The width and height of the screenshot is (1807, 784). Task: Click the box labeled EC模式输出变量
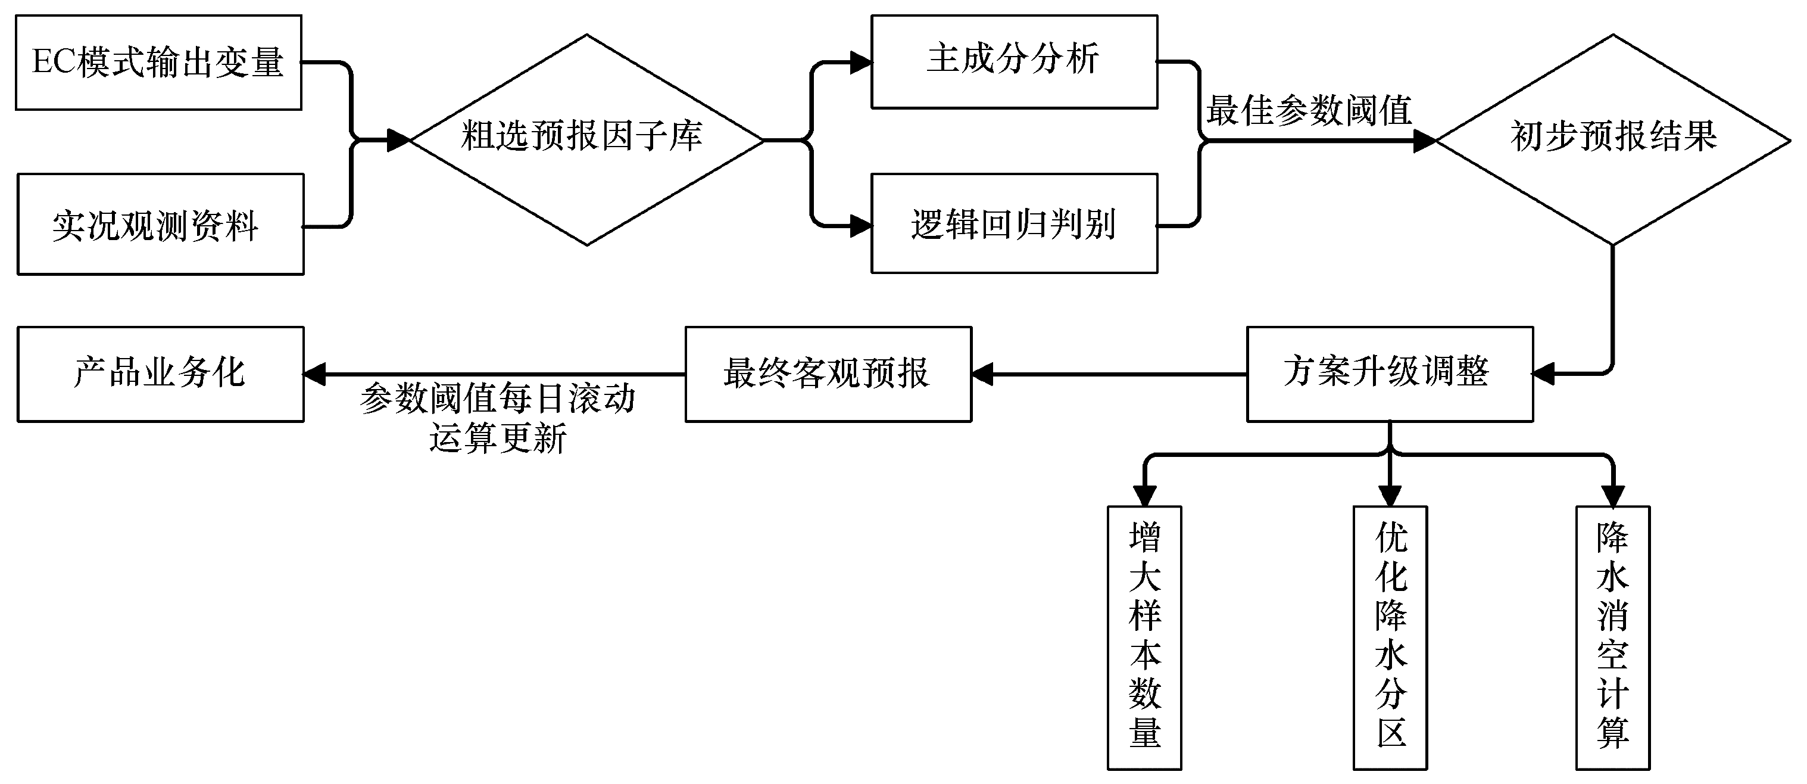158,63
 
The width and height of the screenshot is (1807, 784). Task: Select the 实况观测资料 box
161,225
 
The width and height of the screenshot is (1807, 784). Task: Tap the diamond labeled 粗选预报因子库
586,139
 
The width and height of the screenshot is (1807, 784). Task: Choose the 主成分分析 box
1013,62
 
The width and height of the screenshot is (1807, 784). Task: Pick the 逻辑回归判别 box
1013,224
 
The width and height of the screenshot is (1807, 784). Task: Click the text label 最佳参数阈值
1308,111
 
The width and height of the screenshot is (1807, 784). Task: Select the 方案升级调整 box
1389,374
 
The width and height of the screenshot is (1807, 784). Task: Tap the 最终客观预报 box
828,374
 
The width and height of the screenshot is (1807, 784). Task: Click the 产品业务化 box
161,374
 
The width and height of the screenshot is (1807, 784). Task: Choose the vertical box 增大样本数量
1144,637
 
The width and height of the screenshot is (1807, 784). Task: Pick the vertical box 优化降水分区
1390,637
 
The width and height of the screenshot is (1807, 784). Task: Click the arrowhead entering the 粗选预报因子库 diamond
398,141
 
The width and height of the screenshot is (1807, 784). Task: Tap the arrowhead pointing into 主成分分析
861,63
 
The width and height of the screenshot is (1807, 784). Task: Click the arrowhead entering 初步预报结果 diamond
1425,141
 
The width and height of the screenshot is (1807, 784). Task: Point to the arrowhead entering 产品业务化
315,374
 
